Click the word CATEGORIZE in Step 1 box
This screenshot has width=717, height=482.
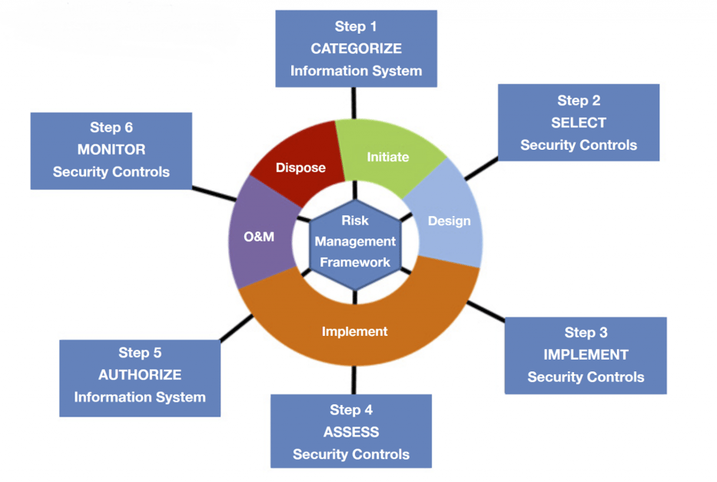(356, 48)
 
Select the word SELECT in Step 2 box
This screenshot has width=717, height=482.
(578, 123)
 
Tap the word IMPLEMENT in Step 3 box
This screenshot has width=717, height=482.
(586, 354)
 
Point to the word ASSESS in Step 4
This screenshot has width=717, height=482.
(350, 432)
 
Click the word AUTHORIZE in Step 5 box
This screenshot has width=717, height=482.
(140, 375)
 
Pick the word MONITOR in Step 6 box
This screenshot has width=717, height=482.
(111, 149)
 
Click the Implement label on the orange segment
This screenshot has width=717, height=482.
(354, 331)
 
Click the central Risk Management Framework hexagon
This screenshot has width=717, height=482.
(355, 241)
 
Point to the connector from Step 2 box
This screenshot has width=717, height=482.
(481, 170)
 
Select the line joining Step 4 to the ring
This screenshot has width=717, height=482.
(354, 381)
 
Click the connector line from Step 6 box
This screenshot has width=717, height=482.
(214, 193)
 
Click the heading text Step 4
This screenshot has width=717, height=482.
(350, 410)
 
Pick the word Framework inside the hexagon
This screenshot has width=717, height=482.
(355, 262)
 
